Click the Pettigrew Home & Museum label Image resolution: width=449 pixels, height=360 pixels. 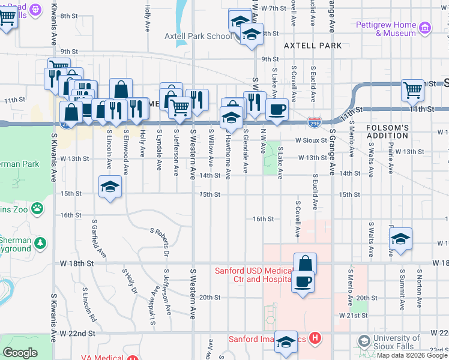point(394,29)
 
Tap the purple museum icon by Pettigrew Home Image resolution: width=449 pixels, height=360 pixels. point(426,28)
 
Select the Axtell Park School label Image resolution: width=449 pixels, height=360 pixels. point(198,36)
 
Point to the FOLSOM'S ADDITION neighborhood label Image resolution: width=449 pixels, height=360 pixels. point(387,133)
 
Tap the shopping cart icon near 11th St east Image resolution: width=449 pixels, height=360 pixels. point(412,90)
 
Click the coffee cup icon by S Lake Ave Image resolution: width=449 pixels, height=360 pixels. point(277,109)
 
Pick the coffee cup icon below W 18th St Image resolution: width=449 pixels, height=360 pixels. point(303,281)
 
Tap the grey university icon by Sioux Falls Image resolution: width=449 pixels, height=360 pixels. point(364,341)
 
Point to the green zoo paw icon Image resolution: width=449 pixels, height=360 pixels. point(38,208)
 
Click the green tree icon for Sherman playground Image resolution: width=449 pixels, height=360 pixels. point(40,243)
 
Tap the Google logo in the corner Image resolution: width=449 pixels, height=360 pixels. point(20,353)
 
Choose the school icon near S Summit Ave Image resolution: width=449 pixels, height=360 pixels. point(400,238)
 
